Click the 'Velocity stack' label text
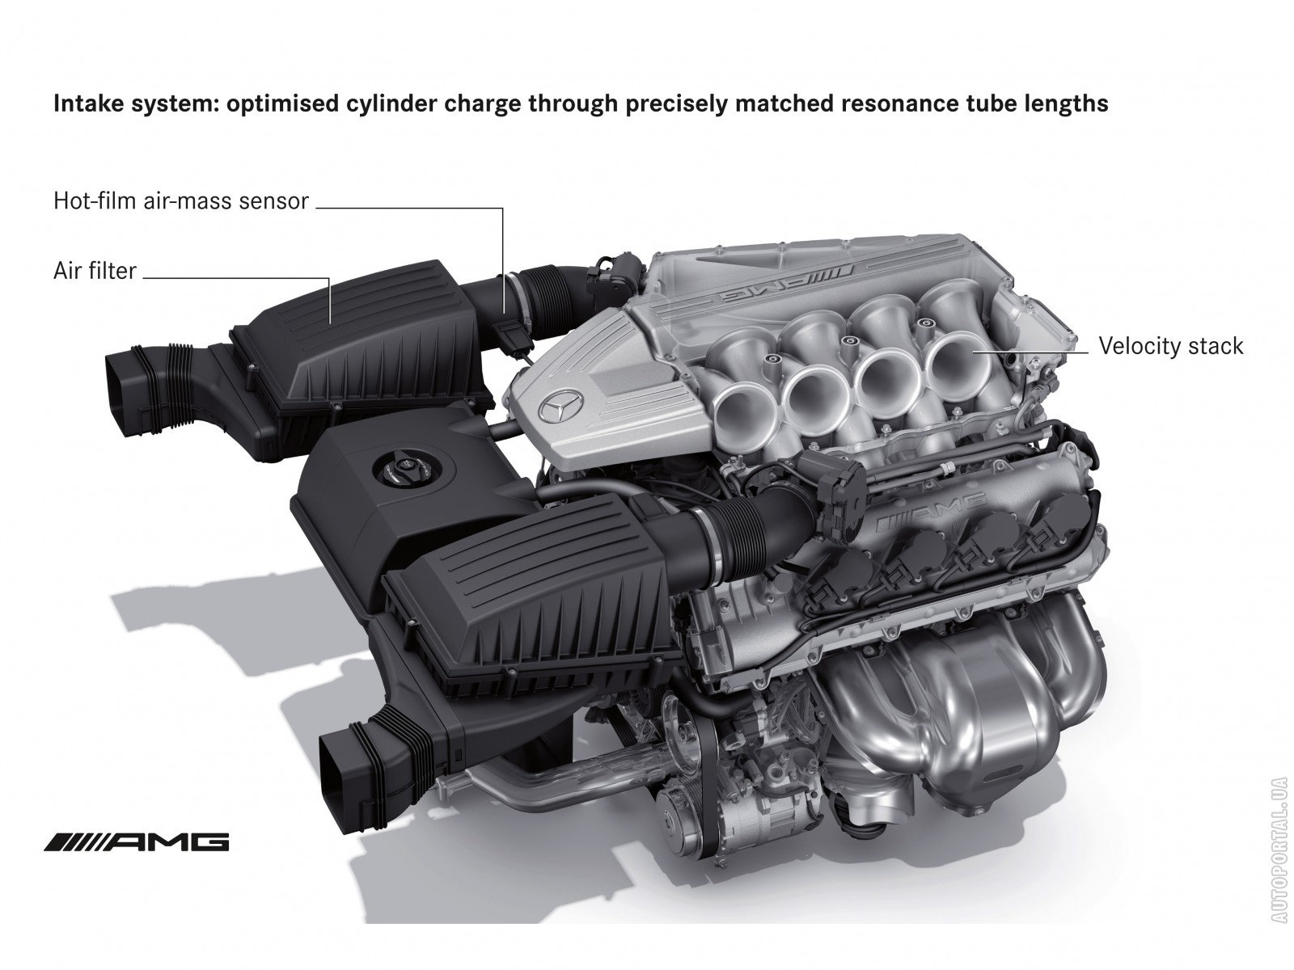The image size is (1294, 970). point(1170,346)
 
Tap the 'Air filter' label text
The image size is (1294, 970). point(95,272)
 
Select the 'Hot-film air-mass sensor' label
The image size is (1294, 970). point(181,201)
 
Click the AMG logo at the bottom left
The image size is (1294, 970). point(137,842)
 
